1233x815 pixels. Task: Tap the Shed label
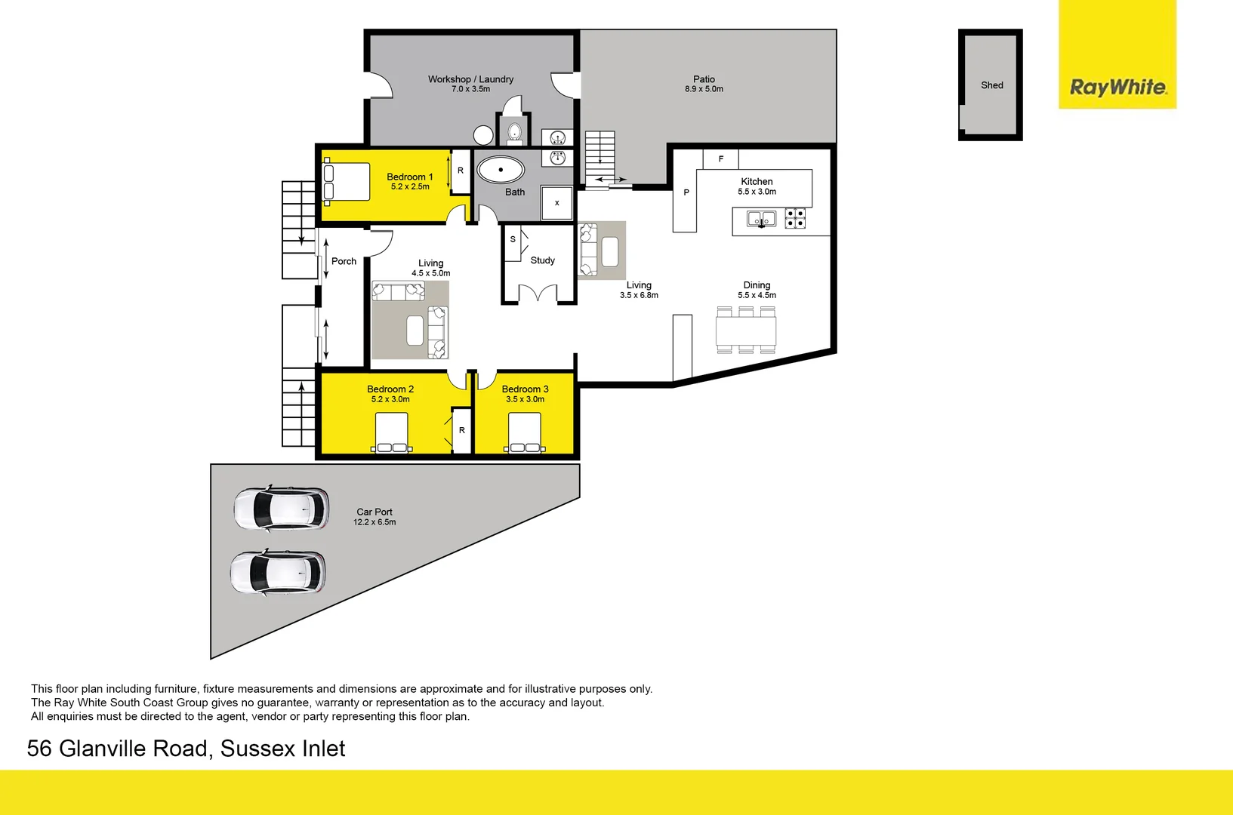[x=992, y=85]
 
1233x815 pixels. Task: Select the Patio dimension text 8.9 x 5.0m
[x=704, y=89]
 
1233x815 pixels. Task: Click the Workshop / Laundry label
[x=470, y=79]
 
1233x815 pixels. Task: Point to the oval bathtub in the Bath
[x=501, y=170]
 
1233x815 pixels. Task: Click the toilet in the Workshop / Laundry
[x=514, y=133]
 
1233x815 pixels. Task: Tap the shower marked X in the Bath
[x=557, y=203]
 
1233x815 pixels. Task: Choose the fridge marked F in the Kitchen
[x=720, y=159]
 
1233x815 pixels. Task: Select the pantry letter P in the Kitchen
[x=686, y=192]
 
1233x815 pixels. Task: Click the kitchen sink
[x=761, y=219]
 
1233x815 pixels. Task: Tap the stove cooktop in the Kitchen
[x=795, y=218]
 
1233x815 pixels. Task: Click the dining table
[x=746, y=331]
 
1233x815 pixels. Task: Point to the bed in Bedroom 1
[x=347, y=182]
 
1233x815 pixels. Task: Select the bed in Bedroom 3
[x=525, y=432]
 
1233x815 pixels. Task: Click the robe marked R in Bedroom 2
[x=462, y=430]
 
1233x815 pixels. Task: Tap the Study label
[x=542, y=260]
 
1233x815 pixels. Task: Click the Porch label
[x=344, y=261]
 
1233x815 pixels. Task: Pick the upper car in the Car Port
[x=282, y=509]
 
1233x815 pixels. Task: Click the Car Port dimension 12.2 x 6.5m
[x=375, y=522]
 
